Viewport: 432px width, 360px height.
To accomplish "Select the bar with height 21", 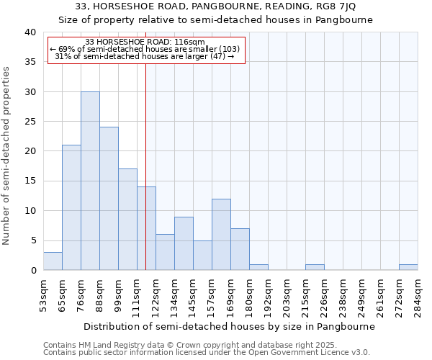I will click(71, 208).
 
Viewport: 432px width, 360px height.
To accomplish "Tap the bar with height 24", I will click(109, 199).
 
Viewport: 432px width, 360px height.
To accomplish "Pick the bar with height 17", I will click(127, 220).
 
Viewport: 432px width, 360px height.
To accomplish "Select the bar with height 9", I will click(184, 243).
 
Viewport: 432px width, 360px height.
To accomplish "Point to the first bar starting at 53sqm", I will click(53, 261).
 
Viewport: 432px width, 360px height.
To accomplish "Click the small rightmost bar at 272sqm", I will click(408, 267).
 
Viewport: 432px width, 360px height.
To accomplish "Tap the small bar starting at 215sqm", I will click(315, 267).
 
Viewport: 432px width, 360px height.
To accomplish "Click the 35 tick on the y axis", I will click(30, 62).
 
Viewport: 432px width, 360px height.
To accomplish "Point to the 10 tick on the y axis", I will click(30, 211).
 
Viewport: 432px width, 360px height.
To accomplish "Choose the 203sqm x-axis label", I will click(287, 294).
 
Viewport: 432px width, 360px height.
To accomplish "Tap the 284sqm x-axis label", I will click(418, 294).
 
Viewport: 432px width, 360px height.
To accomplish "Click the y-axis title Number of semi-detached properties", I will click(7, 156).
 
